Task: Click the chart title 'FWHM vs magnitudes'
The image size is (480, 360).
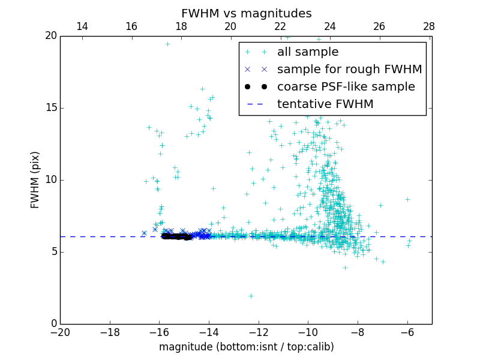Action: coord(246,13)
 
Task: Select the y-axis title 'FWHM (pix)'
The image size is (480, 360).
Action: coord(35,180)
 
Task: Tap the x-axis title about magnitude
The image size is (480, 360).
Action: coord(246,347)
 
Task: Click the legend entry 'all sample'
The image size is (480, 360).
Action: coord(308,52)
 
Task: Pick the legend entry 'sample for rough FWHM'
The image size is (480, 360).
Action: coord(349,70)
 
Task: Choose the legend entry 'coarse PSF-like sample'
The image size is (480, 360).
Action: coord(346,87)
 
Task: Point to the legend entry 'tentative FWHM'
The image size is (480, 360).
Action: coord(325,104)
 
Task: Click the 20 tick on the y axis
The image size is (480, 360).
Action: coord(50,36)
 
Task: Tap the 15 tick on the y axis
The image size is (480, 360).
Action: coord(50,108)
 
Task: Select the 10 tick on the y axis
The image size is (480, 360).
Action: coord(50,180)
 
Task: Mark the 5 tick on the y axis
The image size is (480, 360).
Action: coord(53,252)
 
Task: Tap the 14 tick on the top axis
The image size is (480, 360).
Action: coord(82,26)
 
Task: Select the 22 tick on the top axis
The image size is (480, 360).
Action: coord(280,26)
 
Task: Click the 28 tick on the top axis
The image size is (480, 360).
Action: coord(429,26)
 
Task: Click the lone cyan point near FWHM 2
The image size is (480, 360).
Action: coord(251,296)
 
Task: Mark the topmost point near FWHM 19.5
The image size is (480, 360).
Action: coord(167,44)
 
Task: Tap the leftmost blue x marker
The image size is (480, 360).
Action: coord(144,233)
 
